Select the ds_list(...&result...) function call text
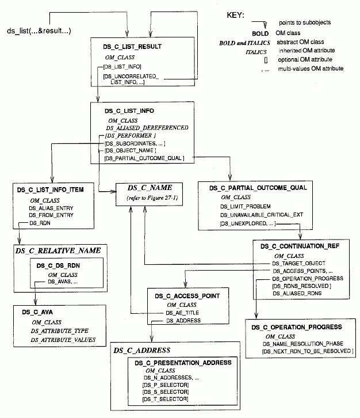click(39, 29)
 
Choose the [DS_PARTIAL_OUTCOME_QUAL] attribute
click(144, 158)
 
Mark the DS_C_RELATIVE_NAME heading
click(58, 250)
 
